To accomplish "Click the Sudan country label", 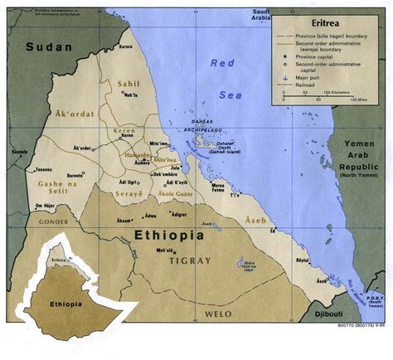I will coord(49,49).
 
